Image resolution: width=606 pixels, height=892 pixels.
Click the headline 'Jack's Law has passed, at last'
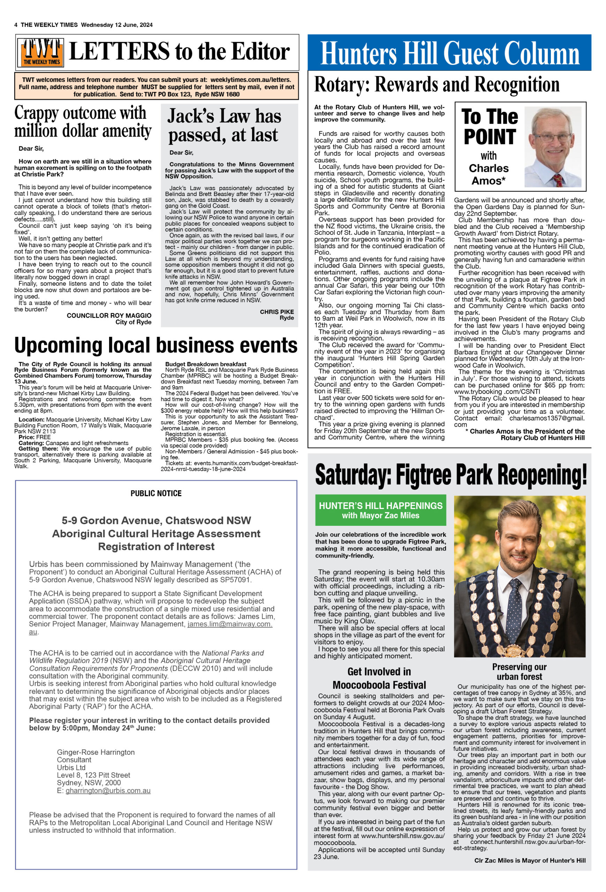pos(224,125)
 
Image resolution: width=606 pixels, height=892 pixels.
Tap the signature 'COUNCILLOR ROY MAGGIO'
pos(109,315)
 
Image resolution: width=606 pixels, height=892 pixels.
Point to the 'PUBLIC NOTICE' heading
pos(156,493)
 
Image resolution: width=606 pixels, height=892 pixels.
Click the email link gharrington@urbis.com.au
pos(108,791)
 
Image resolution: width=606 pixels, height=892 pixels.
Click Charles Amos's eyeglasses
pos(553,137)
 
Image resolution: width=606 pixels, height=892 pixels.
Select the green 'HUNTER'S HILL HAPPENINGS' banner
pos(380,510)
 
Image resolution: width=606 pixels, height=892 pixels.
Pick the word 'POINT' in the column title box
pos(489,137)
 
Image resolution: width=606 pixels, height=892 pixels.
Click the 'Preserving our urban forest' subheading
pos(519,672)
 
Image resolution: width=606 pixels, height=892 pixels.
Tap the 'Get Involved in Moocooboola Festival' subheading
pos(379,678)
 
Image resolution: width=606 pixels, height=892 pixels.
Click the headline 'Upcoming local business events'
pos(156,345)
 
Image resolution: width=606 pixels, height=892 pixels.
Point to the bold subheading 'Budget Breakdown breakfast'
pos(206,364)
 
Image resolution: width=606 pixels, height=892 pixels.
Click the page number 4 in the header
pos(16,25)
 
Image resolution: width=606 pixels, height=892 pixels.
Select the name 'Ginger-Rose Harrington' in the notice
pos(96,752)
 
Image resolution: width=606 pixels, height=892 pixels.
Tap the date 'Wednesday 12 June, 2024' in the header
pos(117,25)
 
